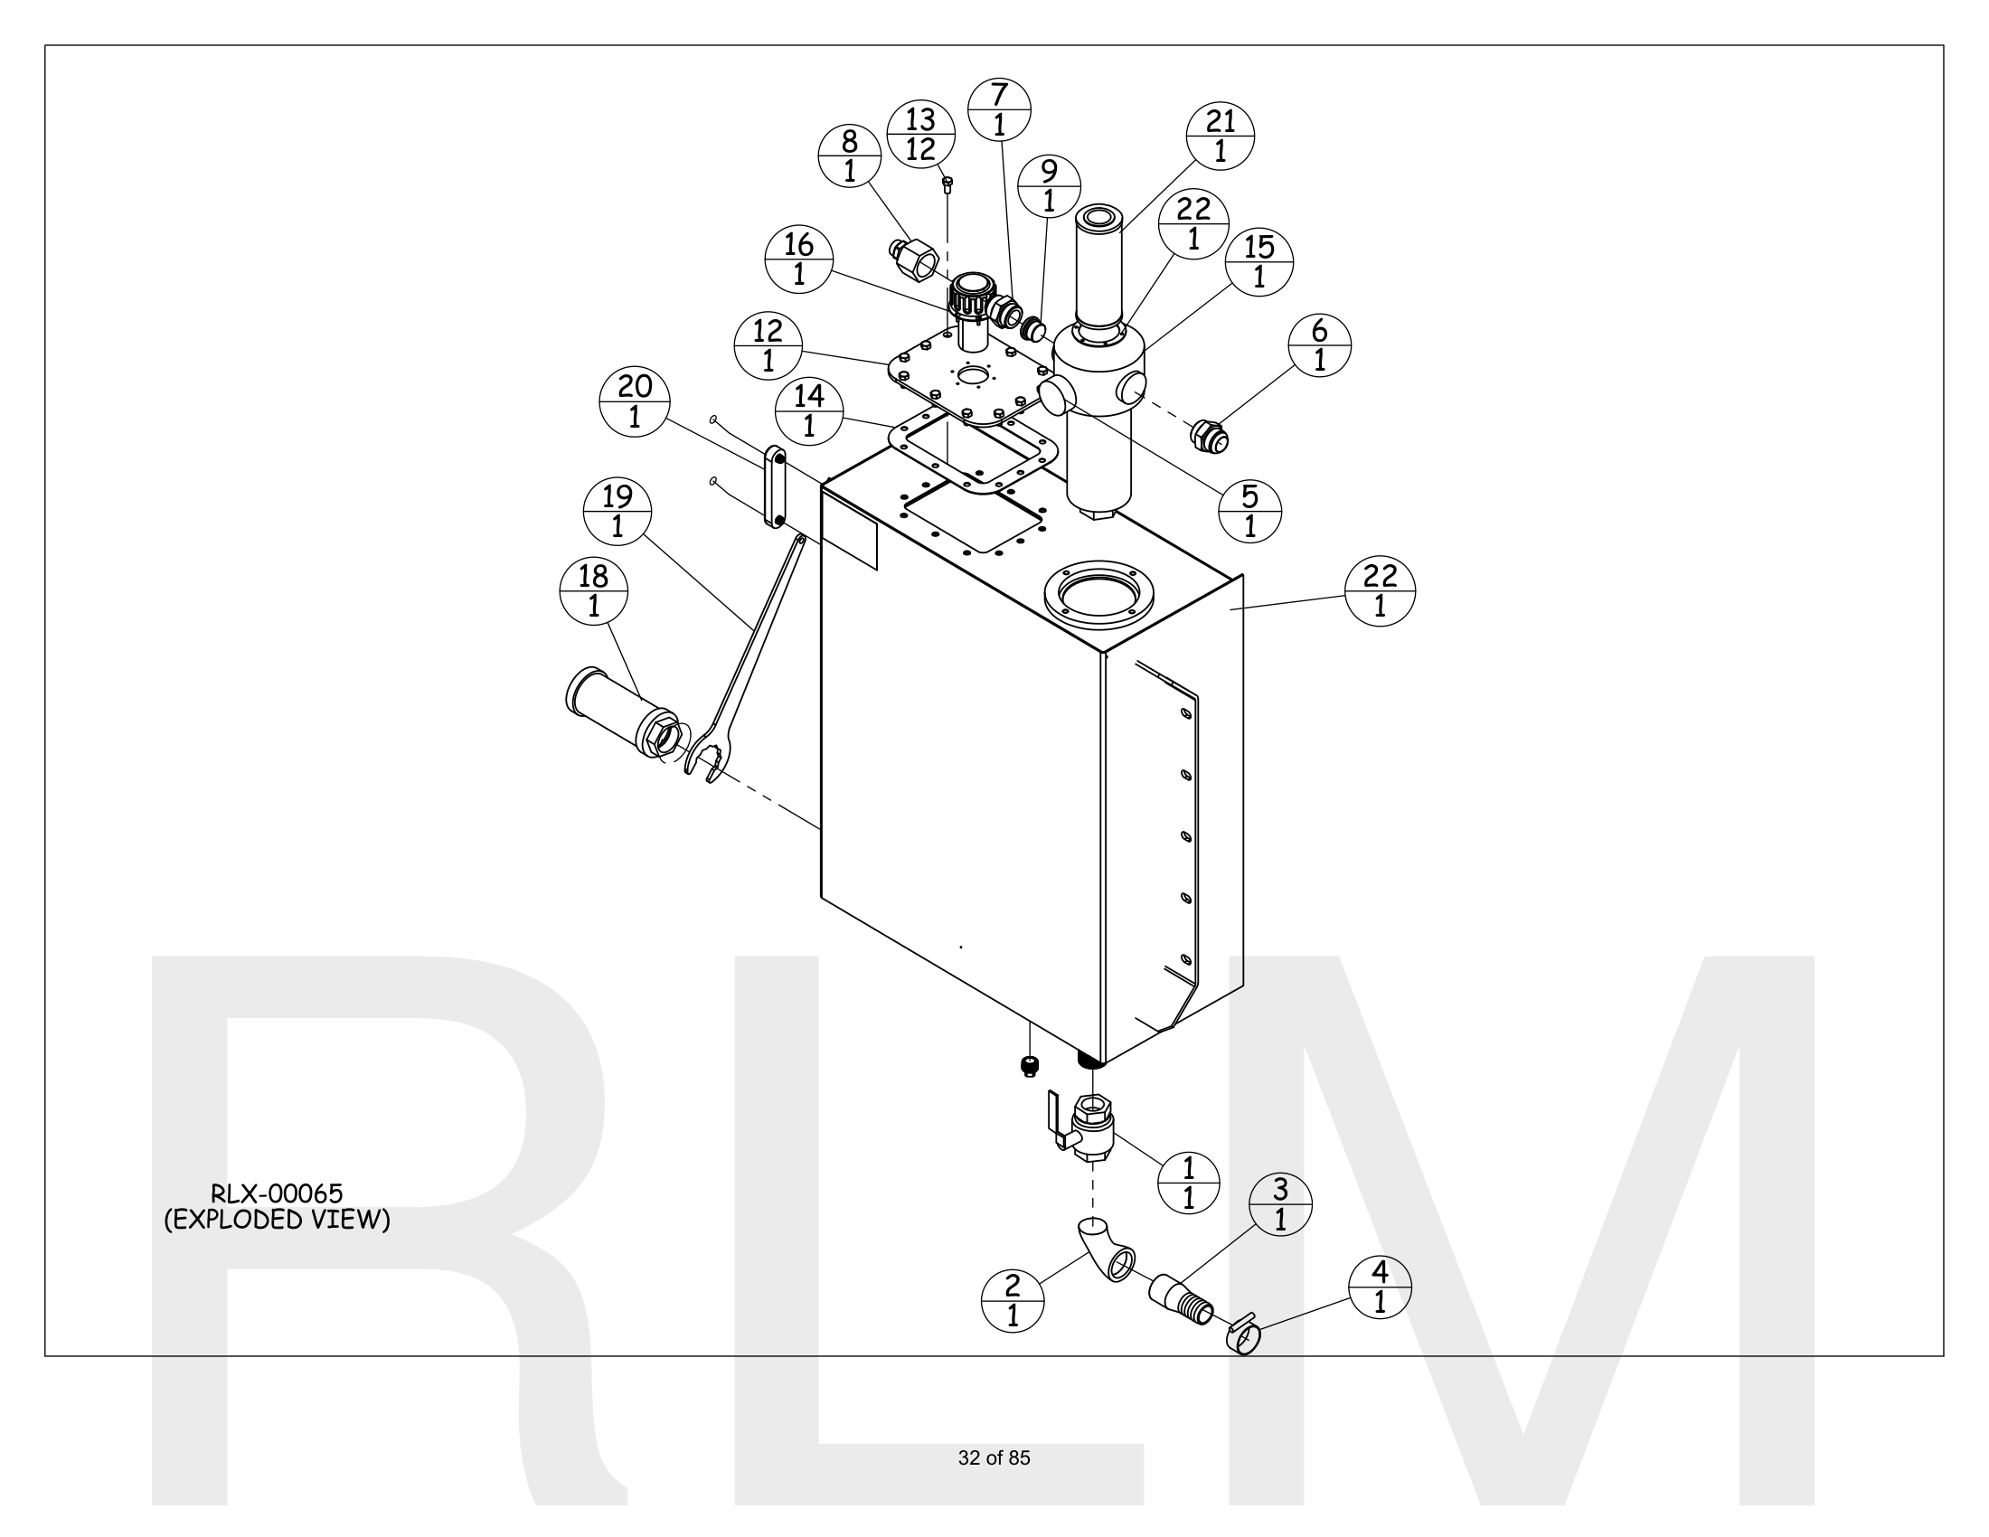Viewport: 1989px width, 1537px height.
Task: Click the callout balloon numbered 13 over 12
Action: point(920,134)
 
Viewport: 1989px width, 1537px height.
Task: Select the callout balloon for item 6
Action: point(1320,345)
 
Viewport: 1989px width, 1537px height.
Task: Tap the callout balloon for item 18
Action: point(594,591)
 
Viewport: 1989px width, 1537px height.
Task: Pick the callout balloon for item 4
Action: point(1380,1287)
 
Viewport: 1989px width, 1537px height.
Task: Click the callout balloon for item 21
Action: point(1221,136)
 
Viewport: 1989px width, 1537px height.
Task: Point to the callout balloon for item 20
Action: point(635,401)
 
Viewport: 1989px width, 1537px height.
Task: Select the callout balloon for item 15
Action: point(1259,262)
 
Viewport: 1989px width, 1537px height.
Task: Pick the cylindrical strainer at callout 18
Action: point(619,710)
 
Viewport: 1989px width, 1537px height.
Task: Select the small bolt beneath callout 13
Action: point(947,185)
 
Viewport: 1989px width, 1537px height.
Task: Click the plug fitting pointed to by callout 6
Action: point(1210,437)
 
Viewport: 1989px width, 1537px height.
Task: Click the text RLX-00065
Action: point(277,1193)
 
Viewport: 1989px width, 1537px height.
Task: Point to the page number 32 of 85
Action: point(994,1457)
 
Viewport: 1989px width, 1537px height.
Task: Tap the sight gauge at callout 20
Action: point(774,486)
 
